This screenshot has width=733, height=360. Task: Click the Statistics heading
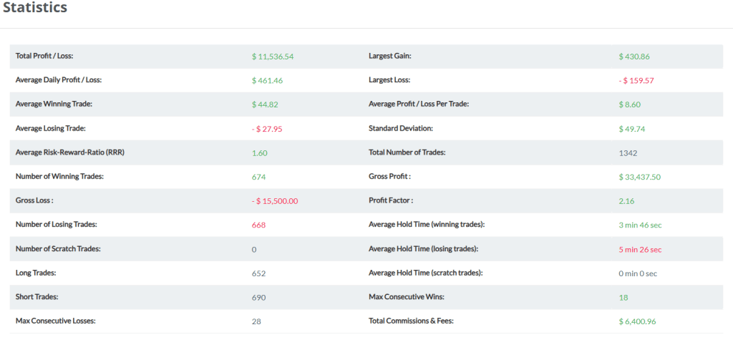click(35, 8)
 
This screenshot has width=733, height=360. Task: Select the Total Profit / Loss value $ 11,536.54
click(273, 57)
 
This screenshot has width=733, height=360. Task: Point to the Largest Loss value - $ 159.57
click(636, 81)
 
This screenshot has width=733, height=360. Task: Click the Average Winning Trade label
click(54, 104)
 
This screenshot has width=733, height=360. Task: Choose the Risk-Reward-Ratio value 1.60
click(259, 153)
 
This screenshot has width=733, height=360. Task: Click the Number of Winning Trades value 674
click(258, 177)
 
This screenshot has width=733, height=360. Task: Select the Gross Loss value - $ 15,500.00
click(275, 201)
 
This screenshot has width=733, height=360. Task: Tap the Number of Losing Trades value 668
click(258, 225)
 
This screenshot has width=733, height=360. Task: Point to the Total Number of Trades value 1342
click(628, 153)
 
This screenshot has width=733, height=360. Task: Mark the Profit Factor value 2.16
click(626, 201)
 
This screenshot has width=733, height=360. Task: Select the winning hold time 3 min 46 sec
click(640, 225)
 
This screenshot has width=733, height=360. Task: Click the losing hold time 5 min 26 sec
click(640, 249)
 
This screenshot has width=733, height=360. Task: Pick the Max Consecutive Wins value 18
click(623, 297)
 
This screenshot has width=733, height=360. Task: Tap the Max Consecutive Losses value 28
click(256, 321)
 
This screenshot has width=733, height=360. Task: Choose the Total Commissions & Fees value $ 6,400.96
click(637, 321)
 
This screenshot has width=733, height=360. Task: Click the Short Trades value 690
click(258, 297)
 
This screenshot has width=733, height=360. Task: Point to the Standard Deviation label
click(401, 129)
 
